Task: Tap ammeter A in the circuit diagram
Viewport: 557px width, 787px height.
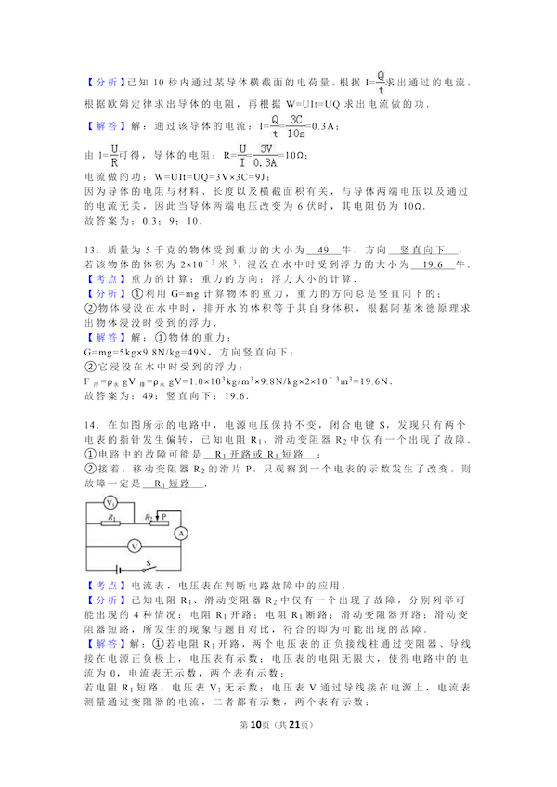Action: tap(182, 532)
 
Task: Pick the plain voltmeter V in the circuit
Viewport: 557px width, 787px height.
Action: tap(134, 546)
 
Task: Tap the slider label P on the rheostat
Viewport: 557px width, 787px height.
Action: tap(164, 516)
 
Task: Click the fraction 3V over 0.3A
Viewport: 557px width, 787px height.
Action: tap(266, 155)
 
